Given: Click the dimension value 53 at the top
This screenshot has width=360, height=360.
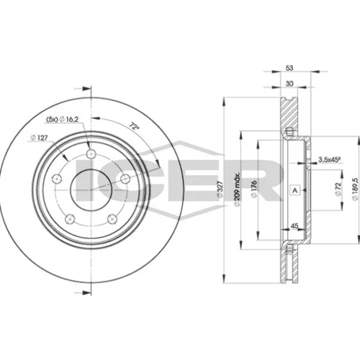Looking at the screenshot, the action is (289, 68).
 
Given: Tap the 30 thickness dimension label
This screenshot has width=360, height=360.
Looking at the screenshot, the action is (289, 84).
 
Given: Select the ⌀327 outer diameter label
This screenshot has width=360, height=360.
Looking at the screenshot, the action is (220, 189).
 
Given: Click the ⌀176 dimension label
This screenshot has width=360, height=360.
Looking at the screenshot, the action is (254, 189).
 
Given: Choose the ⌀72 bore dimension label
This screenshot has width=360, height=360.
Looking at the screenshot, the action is (338, 189).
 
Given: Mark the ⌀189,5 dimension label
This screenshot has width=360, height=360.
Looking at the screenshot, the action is (356, 189).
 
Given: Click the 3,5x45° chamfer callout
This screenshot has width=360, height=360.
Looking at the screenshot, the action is (329, 159).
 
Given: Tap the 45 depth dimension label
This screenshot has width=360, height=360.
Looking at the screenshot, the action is (294, 226).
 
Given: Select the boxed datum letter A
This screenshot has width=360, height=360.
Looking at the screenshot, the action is (295, 191).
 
